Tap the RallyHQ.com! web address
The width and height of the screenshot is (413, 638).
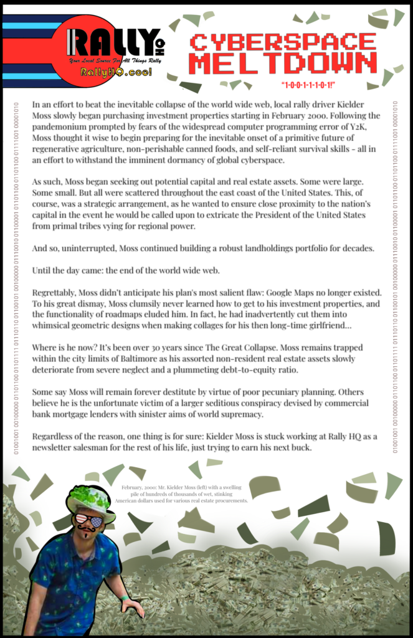(x=116, y=72)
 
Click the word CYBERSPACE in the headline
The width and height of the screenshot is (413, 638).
(x=283, y=42)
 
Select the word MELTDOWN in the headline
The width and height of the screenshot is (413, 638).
(x=283, y=64)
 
